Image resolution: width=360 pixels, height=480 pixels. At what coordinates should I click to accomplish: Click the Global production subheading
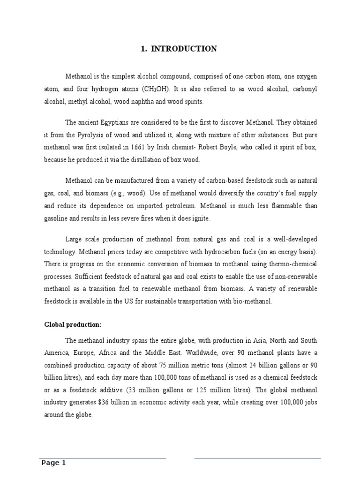click(x=73, y=324)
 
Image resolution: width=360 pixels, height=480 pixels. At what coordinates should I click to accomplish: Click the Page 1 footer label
click(x=53, y=463)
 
